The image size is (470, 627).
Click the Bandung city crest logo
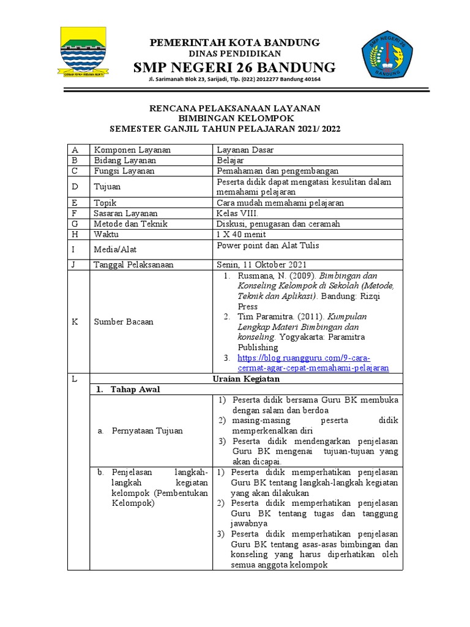point(83,54)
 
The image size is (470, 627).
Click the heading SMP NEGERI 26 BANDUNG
point(234,67)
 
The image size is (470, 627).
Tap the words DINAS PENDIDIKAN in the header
point(236,54)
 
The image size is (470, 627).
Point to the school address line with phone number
point(234,80)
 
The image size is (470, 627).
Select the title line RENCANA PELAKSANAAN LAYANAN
point(235,108)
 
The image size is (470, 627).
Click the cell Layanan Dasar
point(245,150)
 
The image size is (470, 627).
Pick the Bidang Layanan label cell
point(123,160)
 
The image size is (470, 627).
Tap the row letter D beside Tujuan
point(75,187)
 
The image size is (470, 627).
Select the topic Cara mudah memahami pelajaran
point(280,203)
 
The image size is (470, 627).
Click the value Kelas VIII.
point(238,213)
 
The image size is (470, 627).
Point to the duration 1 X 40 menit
point(244,234)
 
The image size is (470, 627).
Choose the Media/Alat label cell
point(115,250)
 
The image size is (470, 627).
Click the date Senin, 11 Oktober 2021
point(261,265)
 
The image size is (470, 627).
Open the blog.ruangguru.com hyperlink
point(304,363)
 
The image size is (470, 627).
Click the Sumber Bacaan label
point(123,322)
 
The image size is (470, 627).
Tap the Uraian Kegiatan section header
point(246,379)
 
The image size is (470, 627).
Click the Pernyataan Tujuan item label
point(147,431)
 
